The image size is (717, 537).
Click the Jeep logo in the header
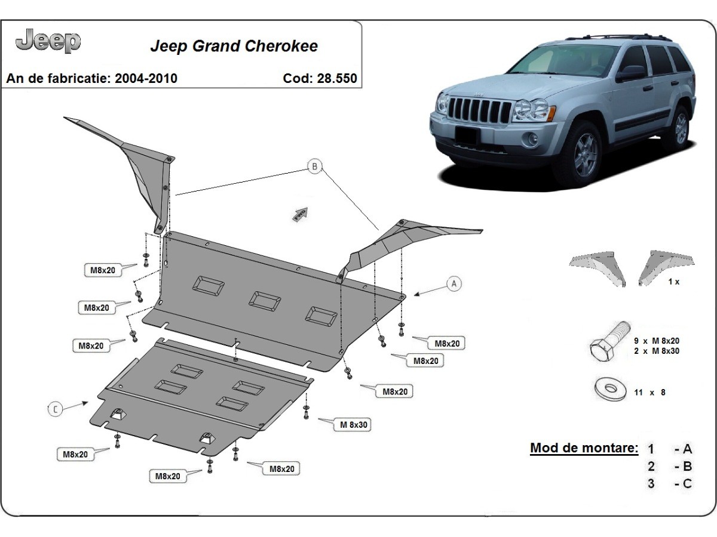[x=48, y=41]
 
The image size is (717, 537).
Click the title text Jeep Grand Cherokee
[x=234, y=46]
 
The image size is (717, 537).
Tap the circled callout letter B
[x=314, y=166]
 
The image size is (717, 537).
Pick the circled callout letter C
[x=55, y=409]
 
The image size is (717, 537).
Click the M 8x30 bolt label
[x=354, y=425]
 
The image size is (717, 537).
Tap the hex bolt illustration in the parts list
[x=609, y=342]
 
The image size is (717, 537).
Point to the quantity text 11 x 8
[x=649, y=392]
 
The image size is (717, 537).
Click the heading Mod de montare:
[x=584, y=448]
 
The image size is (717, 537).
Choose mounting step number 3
[x=651, y=483]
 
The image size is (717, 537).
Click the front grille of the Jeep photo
[x=478, y=110]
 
